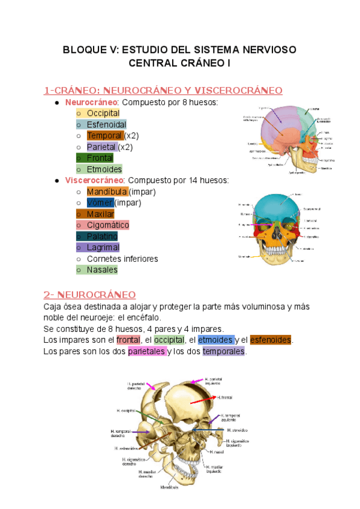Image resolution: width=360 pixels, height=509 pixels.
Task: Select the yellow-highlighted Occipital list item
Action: [103, 113]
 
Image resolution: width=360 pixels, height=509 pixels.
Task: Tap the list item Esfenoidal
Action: [106, 124]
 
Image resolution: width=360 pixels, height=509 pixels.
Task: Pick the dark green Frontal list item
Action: [100, 158]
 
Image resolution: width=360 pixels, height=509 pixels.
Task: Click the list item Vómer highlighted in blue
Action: [100, 203]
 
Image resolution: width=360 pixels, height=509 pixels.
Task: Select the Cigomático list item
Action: [107, 225]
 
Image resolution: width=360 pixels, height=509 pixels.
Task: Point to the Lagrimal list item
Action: [103, 247]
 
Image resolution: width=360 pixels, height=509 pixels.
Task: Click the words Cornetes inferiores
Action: [122, 259]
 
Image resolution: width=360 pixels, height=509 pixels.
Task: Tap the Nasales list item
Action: [102, 270]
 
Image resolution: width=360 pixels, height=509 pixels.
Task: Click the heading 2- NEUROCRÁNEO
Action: [89, 295]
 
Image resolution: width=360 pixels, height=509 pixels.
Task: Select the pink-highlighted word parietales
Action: [147, 351]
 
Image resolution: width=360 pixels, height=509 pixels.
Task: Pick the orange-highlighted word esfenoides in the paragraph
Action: [270, 340]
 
